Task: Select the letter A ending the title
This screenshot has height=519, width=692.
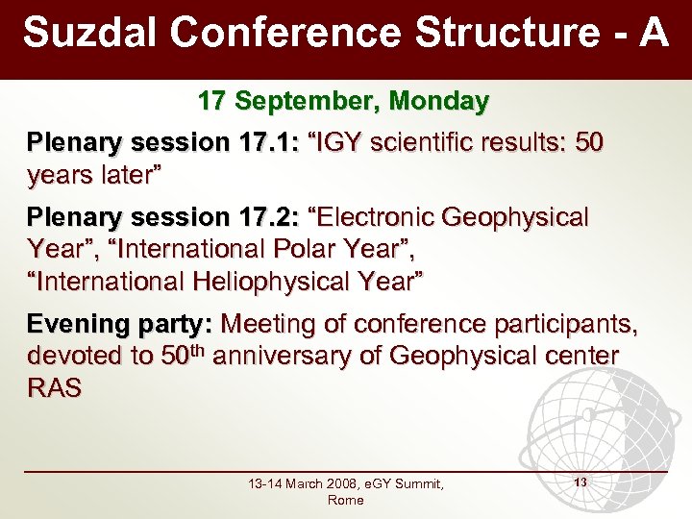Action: tap(653, 33)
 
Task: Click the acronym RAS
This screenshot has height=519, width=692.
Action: tap(55, 388)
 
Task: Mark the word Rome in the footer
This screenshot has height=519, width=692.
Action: tap(345, 501)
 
